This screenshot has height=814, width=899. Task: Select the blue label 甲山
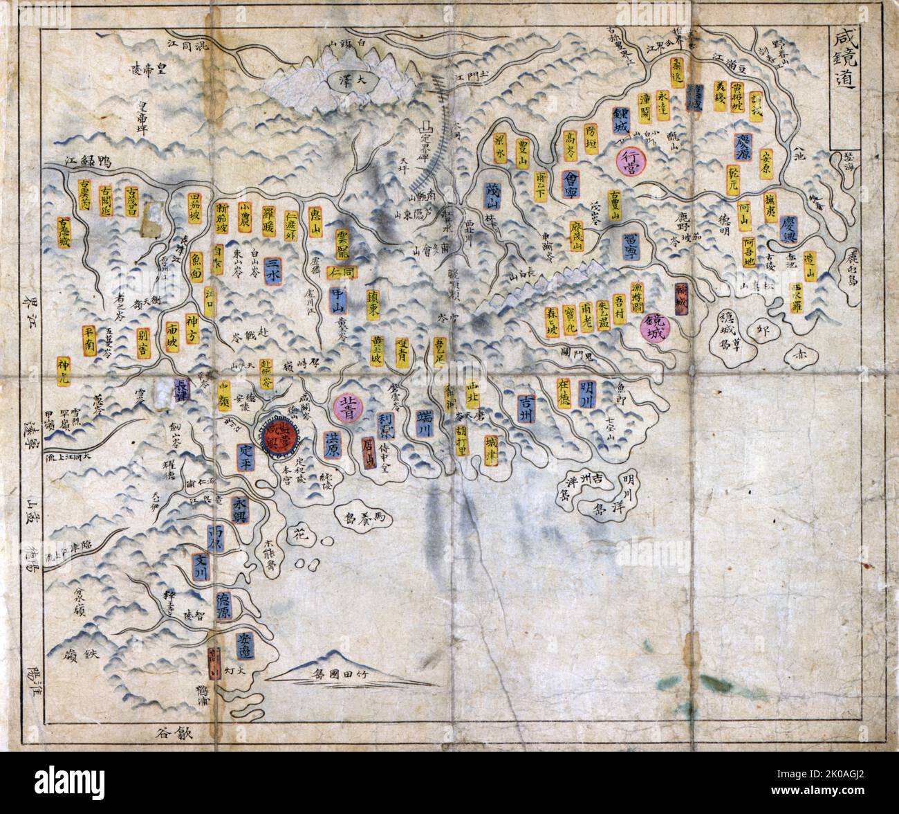click(337, 300)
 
